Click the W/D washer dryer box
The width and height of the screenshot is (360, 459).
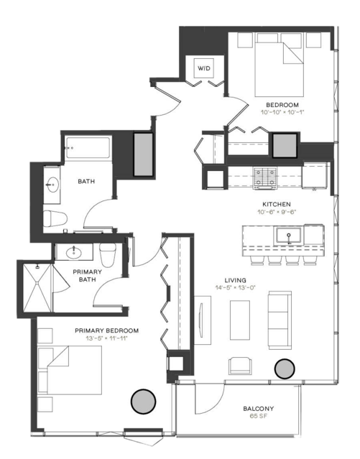click(204, 68)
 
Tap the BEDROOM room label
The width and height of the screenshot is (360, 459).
click(282, 105)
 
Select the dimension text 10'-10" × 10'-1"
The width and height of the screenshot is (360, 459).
click(282, 112)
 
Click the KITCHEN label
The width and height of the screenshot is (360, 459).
click(277, 204)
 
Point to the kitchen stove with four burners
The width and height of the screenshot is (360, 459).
click(265, 177)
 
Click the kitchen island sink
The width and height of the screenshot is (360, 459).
click(289, 236)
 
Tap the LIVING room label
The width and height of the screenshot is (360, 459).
click(235, 280)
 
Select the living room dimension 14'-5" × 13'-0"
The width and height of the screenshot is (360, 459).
click(236, 287)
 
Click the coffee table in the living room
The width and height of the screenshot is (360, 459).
click(240, 320)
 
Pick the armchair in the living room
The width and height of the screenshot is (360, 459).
click(240, 366)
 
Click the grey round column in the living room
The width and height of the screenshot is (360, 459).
click(285, 368)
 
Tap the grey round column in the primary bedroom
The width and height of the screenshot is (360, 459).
click(143, 402)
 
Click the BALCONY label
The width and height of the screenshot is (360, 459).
click(259, 408)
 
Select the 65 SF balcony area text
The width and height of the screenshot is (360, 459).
click(259, 416)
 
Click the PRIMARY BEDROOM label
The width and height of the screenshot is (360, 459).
click(106, 330)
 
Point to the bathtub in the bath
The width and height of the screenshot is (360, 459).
click(88, 148)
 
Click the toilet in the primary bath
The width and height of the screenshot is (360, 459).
click(108, 255)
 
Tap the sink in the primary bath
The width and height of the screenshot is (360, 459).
click(73, 252)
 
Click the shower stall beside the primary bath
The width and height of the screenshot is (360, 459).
click(37, 288)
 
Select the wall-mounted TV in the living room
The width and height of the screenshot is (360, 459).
click(200, 320)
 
